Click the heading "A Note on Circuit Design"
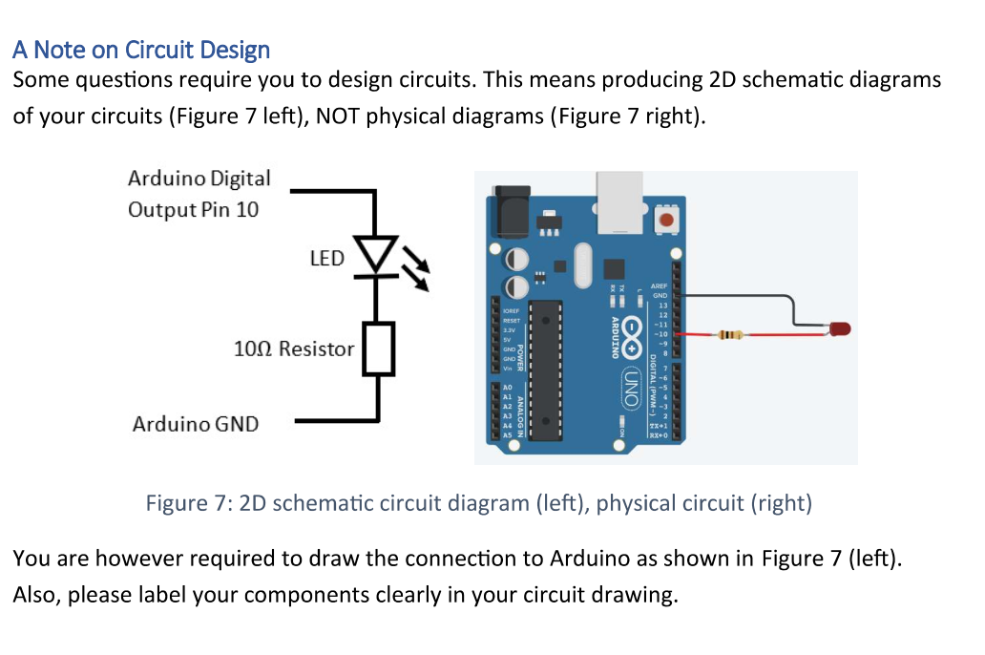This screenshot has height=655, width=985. tap(141, 50)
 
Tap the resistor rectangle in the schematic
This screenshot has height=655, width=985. tap(380, 349)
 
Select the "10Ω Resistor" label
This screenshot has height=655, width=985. tap(293, 349)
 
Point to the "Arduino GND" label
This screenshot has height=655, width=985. tap(196, 423)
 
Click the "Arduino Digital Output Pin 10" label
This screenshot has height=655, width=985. tap(199, 194)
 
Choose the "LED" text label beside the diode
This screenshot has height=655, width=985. tap(327, 258)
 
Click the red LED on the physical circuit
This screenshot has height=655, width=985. tap(839, 329)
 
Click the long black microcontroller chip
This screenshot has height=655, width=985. tap(545, 370)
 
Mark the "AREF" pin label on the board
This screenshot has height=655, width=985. tap(658, 285)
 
